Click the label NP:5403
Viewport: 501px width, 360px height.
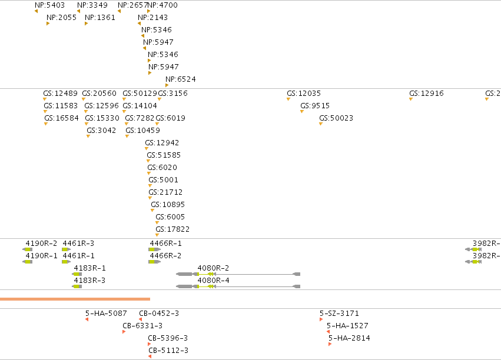[x=50, y=5]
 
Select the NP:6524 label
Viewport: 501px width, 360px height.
[x=181, y=79]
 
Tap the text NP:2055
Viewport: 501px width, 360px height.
[x=61, y=18]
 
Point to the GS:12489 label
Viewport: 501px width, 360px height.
[x=61, y=94]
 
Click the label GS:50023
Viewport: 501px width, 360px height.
[x=336, y=118]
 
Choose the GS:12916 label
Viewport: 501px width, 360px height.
[x=427, y=94]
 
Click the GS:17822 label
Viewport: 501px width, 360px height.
[x=172, y=229]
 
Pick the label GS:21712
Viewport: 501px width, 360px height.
[x=165, y=192]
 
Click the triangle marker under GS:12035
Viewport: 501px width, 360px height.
[x=288, y=99]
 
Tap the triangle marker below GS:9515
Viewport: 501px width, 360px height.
[x=302, y=112]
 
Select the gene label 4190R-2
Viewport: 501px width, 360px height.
[x=42, y=244]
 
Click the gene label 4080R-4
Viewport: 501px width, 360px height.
[x=214, y=281]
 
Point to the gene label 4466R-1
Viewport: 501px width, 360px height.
[x=166, y=244]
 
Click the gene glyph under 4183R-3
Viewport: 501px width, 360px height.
[x=77, y=286]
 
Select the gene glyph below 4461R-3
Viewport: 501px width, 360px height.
[x=66, y=249]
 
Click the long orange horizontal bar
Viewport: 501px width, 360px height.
[x=75, y=299]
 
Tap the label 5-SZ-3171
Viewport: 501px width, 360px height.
[x=339, y=314]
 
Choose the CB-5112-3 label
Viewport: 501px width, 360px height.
[x=168, y=351]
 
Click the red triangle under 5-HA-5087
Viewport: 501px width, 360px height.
[x=87, y=319]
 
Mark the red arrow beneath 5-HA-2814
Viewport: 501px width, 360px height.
[x=330, y=344]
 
